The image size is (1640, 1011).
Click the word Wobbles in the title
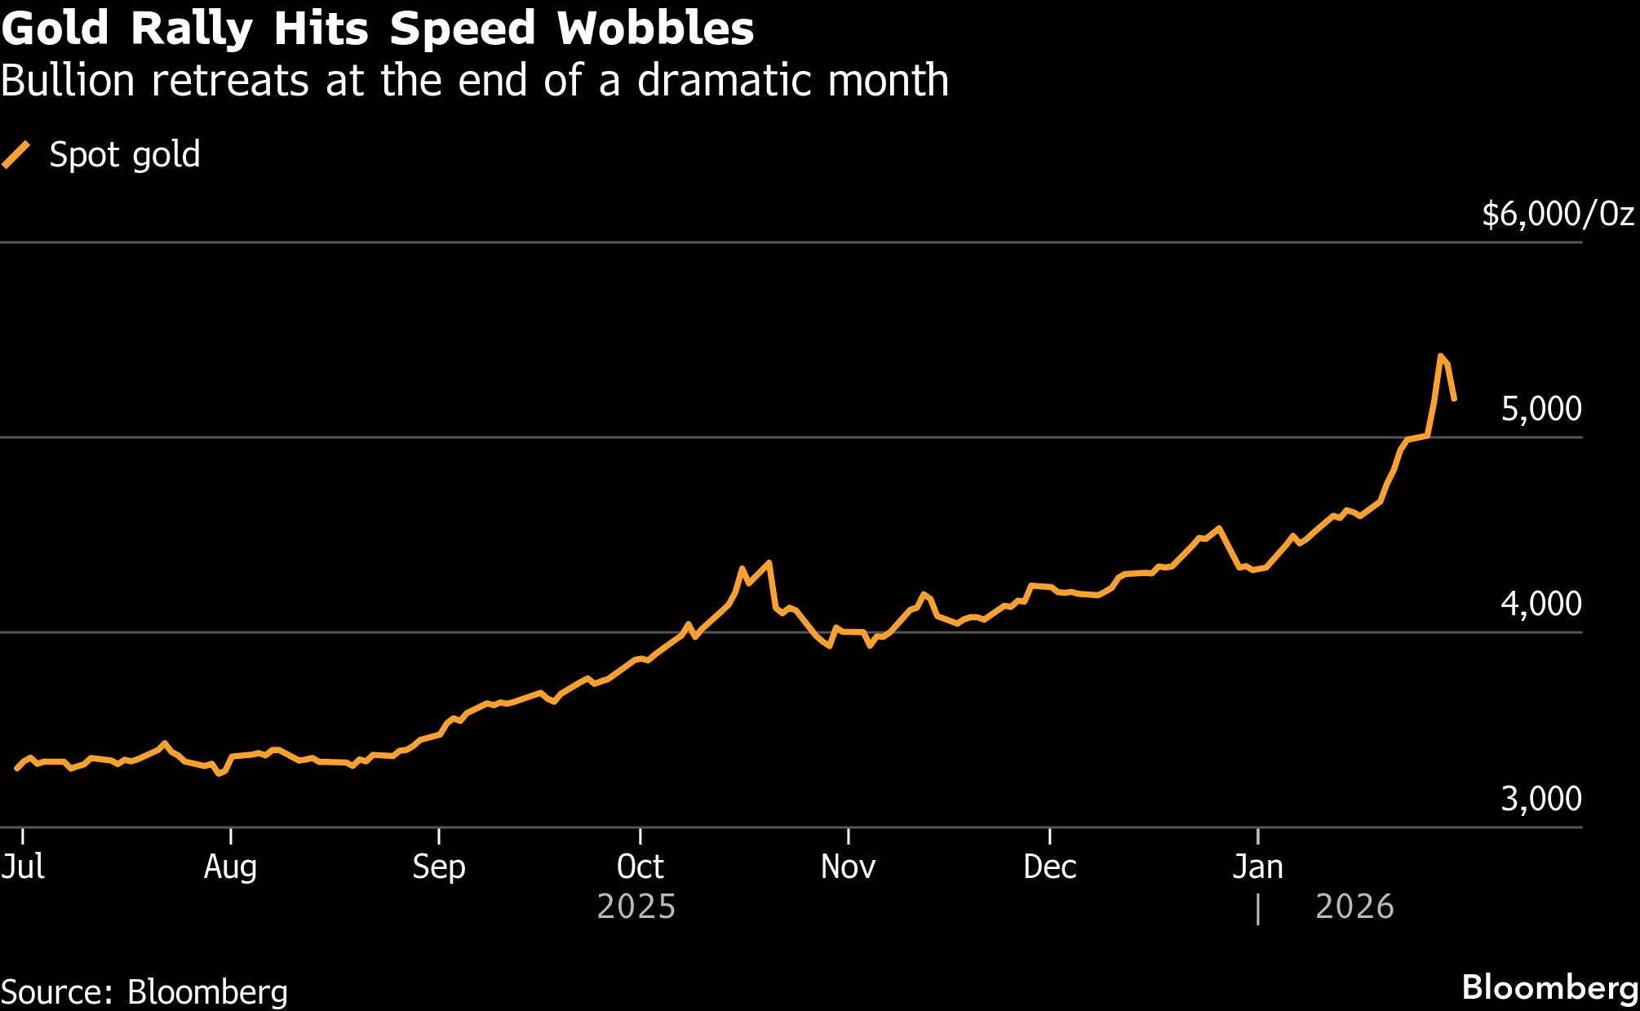click(655, 29)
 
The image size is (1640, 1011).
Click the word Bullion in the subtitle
click(68, 81)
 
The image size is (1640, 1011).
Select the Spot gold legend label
click(124, 154)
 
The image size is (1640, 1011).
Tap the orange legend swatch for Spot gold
click(16, 154)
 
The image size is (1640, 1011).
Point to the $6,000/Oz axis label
click(1558, 214)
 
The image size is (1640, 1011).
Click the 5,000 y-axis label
click(1540, 409)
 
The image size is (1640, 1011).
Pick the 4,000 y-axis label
click(1540, 604)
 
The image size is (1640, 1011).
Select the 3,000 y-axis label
click(1540, 799)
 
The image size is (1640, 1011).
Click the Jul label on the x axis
click(23, 867)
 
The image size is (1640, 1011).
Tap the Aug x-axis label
click(230, 867)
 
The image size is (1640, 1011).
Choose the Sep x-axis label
click(438, 867)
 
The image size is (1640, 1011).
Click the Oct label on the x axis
click(640, 867)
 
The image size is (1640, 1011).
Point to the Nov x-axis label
click(848, 867)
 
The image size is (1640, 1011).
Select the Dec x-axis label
click(1049, 867)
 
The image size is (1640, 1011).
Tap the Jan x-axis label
click(1257, 867)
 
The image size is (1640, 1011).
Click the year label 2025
click(636, 907)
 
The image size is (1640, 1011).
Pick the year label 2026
click(1354, 907)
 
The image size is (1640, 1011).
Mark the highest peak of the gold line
click(1441, 356)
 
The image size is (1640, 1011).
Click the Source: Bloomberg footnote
click(144, 992)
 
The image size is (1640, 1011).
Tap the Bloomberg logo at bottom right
click(1549, 987)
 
